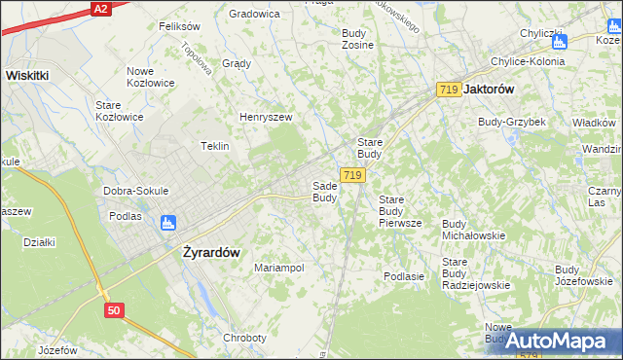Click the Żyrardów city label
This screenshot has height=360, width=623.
tap(211, 251)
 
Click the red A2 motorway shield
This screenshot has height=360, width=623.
tap(100, 8)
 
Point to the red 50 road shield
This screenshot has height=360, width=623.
tap(115, 309)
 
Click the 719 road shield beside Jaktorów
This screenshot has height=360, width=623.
tap(449, 89)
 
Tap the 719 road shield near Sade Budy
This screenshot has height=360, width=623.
tap(353, 175)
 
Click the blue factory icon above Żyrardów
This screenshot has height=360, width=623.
tap(167, 223)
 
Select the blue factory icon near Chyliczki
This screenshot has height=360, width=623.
tap(559, 41)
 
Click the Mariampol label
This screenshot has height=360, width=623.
tap(279, 268)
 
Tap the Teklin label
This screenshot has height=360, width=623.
tap(214, 146)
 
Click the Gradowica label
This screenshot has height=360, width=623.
tap(254, 14)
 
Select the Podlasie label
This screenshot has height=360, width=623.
tap(404, 276)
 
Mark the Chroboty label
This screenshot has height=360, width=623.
tap(244, 338)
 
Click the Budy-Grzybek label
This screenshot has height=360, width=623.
tap(511, 122)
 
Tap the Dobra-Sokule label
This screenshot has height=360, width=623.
tap(136, 191)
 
